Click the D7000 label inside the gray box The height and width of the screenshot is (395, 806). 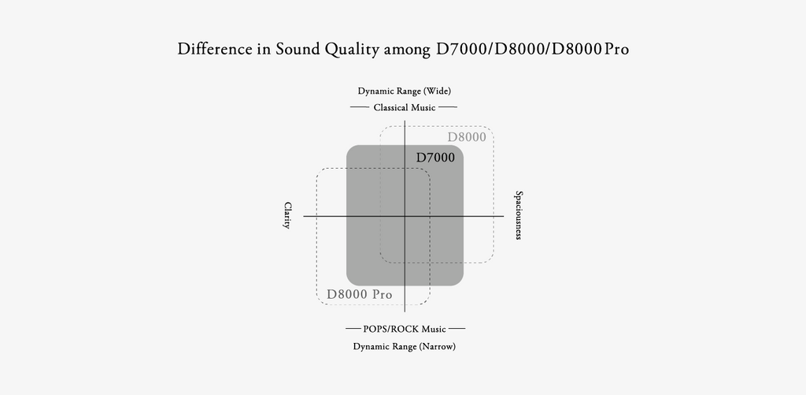[435, 158]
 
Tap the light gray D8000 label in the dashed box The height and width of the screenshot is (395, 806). [467, 137]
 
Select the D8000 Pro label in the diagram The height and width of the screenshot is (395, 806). [359, 295]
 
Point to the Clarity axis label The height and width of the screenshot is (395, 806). [287, 215]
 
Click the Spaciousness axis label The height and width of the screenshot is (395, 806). [518, 214]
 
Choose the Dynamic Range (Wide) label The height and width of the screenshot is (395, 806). [404, 91]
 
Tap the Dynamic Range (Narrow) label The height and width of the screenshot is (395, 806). [404, 346]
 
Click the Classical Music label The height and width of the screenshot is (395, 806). [404, 106]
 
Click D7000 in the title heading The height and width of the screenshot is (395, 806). [461, 49]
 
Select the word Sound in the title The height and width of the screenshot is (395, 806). [296, 49]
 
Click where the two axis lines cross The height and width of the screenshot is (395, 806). [404, 215]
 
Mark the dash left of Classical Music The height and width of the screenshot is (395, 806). [360, 106]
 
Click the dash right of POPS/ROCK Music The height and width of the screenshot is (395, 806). [457, 329]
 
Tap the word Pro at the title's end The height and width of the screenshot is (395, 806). [616, 49]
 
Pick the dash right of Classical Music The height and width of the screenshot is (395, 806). [448, 106]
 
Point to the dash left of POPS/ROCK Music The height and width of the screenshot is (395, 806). [353, 329]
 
